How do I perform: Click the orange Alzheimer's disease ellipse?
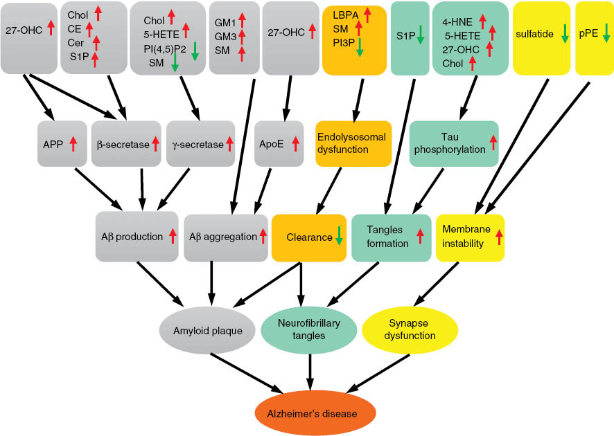[x=316, y=414]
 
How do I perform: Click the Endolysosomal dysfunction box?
[x=352, y=143]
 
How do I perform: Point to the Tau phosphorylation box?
[x=454, y=143]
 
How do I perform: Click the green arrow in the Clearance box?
[x=339, y=237]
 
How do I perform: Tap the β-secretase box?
[x=127, y=145]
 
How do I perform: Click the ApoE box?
[x=279, y=145]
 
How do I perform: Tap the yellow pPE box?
[x=594, y=37]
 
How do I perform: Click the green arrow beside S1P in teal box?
[x=419, y=35]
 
